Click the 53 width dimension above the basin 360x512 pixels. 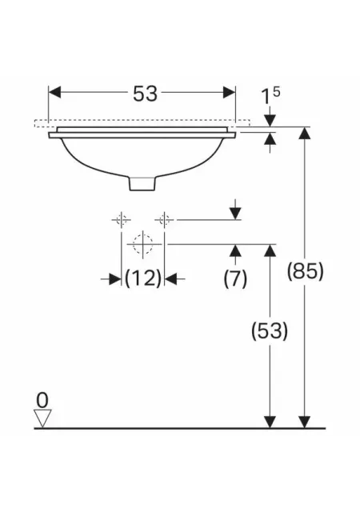[145, 94]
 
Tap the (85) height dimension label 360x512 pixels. [305, 271]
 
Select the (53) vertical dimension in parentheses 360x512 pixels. [270, 331]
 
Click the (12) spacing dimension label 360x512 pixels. [143, 278]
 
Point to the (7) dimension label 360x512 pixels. [235, 279]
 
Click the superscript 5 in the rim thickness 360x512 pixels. [276, 92]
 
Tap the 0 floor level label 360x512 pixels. [42, 400]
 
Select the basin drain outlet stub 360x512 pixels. [142, 183]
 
